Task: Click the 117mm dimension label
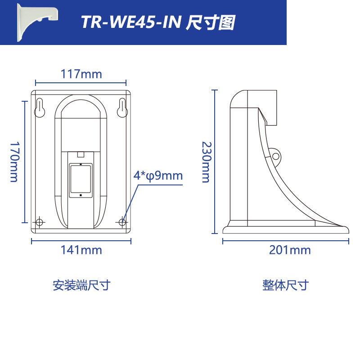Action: pyautogui.click(x=81, y=73)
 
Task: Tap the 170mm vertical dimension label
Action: pyautogui.click(x=14, y=162)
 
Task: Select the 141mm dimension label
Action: pyautogui.click(x=81, y=250)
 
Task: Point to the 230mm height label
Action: pyautogui.click(x=205, y=162)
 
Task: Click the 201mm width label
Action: pyautogui.click(x=290, y=250)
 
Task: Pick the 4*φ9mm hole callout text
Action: pyautogui.click(x=158, y=175)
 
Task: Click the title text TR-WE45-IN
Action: pyautogui.click(x=130, y=22)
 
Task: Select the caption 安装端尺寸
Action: pyautogui.click(x=81, y=285)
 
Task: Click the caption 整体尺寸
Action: pyautogui.click(x=286, y=285)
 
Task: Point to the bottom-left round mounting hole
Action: pyautogui.click(x=40, y=222)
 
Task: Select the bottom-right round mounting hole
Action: pyautogui.click(x=123, y=222)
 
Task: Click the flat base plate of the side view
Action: pyautogui.click(x=286, y=229)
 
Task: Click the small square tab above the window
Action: pyautogui.click(x=81, y=154)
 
